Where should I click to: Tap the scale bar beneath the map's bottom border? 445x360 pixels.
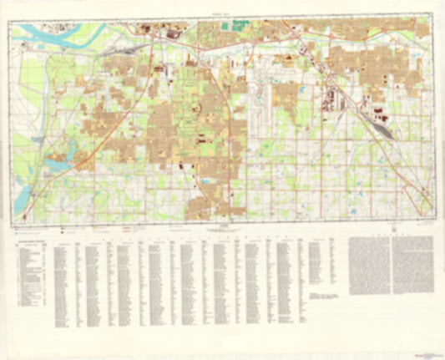coord(222,226)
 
